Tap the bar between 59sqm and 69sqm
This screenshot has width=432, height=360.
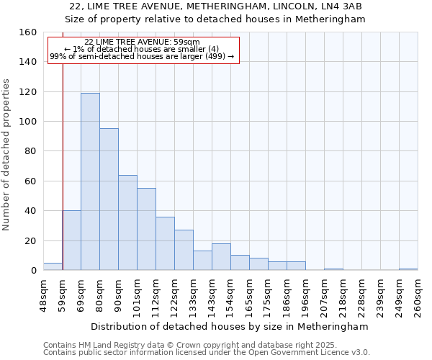click(71, 240)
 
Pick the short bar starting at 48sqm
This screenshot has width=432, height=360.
click(53, 266)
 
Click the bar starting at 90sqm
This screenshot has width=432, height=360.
click(127, 222)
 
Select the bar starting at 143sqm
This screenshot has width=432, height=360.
click(221, 257)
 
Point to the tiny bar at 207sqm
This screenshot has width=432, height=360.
click(333, 269)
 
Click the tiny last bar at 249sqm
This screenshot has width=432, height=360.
click(408, 269)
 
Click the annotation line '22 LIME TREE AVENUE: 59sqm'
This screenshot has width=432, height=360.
click(142, 42)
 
